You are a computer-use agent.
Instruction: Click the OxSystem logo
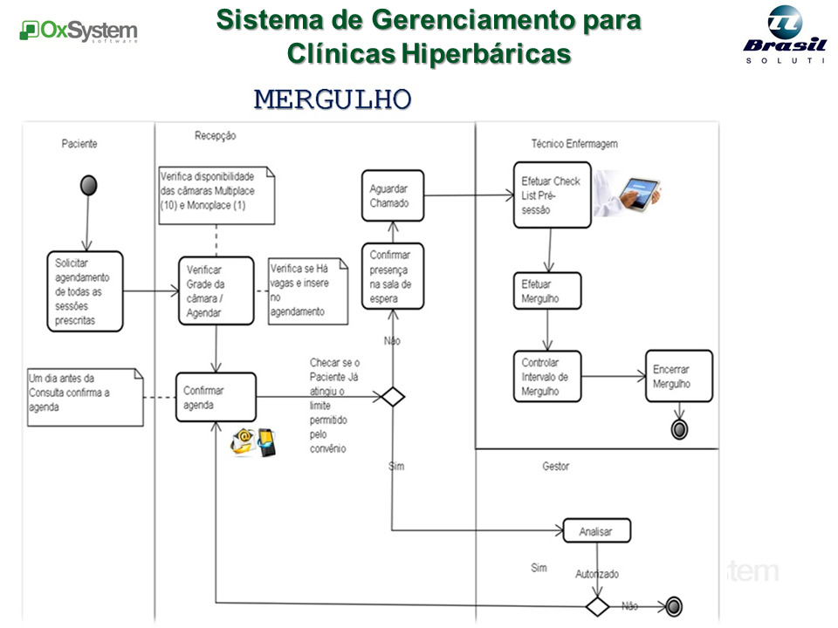79,32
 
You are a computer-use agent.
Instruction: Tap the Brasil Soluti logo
783,35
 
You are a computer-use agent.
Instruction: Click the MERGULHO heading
332,99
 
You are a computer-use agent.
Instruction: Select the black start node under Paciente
88,185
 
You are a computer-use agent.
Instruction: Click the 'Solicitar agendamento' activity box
85,291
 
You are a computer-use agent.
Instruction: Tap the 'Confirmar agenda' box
216,398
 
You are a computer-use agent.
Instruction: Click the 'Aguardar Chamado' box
392,195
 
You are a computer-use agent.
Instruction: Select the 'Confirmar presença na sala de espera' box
392,276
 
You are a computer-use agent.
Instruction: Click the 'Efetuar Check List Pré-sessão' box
551,195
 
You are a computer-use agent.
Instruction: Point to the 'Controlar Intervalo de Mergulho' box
546,377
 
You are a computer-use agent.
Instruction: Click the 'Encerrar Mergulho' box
678,377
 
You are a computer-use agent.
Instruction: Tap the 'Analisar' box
596,530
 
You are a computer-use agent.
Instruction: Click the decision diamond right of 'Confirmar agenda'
393,398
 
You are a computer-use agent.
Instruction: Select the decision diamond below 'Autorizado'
597,606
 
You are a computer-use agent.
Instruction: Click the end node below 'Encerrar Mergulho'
678,428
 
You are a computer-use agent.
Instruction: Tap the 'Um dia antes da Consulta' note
85,396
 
